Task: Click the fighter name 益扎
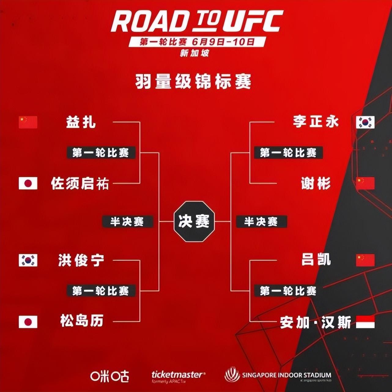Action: [81, 122]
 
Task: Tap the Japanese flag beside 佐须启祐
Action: [28, 183]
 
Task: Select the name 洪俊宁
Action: [81, 261]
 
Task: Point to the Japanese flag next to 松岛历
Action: [28, 322]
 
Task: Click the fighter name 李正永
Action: [316, 121]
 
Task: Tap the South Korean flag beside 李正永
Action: [365, 122]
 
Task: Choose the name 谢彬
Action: [316, 183]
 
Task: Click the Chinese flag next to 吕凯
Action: [365, 260]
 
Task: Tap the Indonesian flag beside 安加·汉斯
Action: [365, 322]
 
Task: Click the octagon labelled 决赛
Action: [194, 221]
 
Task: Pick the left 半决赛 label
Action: [127, 221]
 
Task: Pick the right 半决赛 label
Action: [261, 221]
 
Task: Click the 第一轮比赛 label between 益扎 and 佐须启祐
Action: [101, 153]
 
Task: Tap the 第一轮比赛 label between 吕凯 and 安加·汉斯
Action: [288, 291]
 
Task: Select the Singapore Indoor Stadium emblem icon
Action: [232, 375]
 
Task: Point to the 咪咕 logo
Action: [109, 376]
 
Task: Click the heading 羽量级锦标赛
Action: [193, 82]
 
